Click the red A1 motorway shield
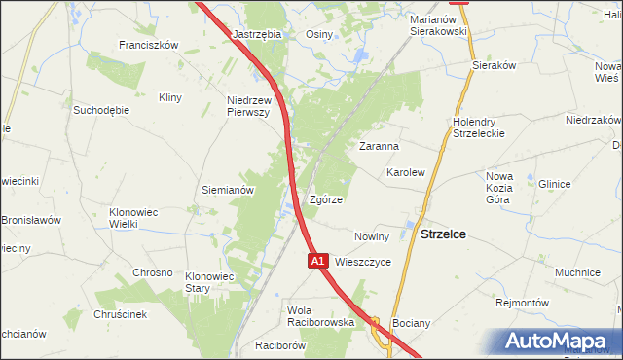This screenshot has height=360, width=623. (317, 261)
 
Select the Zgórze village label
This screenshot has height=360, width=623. (324, 199)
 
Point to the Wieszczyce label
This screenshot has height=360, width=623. (363, 262)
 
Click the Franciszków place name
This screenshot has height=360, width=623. (148, 45)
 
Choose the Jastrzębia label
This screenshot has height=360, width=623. (257, 33)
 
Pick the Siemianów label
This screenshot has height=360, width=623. (227, 190)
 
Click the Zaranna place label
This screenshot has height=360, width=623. (380, 146)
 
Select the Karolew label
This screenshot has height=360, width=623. (406, 171)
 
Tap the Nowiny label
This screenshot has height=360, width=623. (372, 236)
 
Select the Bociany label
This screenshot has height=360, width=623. (410, 321)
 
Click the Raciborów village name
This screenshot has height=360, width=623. (280, 345)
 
